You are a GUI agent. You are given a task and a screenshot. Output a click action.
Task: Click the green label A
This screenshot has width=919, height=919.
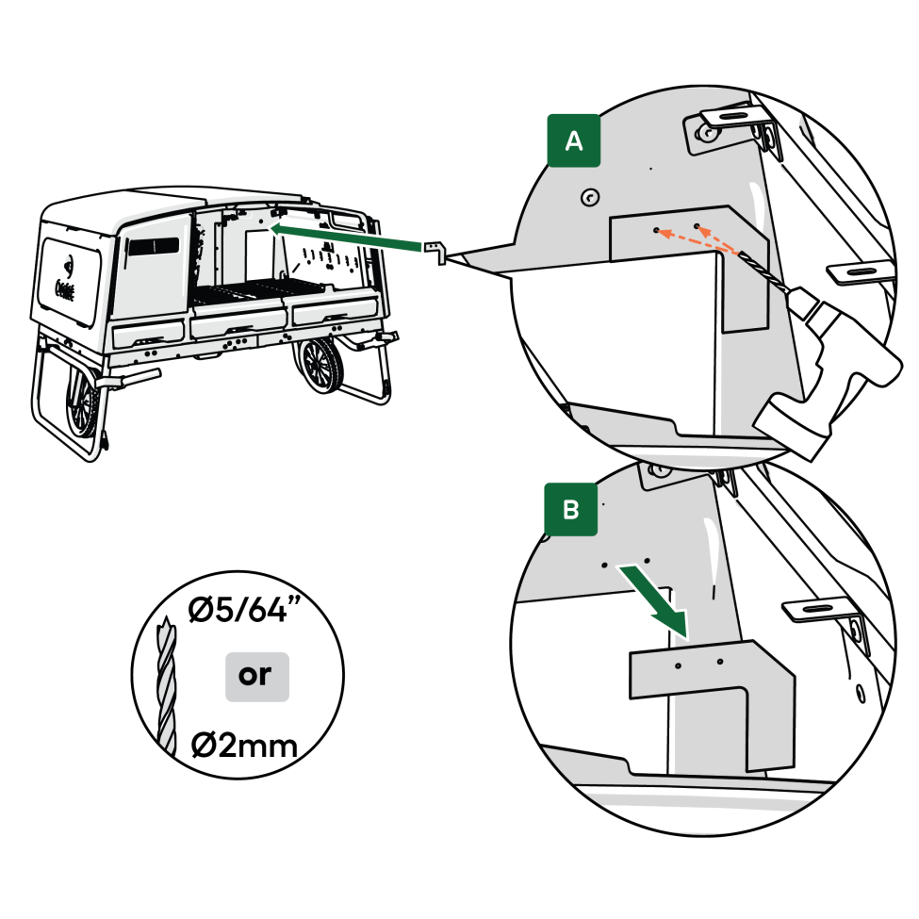572,141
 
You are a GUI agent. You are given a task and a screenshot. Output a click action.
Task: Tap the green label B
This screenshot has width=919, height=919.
571,510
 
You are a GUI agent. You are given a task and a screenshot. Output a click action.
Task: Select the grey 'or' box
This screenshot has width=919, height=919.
256,676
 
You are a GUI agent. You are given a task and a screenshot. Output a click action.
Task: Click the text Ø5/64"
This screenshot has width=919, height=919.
243,613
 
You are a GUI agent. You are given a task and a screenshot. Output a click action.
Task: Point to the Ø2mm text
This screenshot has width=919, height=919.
244,746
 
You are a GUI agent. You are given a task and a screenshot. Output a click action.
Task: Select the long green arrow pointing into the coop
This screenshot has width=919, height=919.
344,238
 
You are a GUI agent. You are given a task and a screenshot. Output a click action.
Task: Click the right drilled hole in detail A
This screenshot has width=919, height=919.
697,227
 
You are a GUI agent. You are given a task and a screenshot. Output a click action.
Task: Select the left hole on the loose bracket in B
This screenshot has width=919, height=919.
678,665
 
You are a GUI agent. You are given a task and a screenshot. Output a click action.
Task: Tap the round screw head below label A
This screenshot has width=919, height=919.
589,197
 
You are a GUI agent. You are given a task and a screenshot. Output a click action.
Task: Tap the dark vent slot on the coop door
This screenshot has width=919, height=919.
153,246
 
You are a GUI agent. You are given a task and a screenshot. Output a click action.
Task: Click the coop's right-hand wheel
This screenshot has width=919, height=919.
325,368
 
